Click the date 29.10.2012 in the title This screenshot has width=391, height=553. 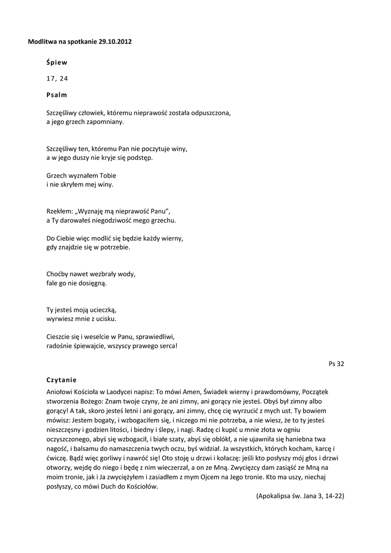[115, 42]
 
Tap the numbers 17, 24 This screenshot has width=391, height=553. [57, 78]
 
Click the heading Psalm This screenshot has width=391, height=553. [57, 95]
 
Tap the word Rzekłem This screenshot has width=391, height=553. [59, 212]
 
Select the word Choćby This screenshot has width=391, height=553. [57, 274]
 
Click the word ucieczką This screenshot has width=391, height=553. [102, 310]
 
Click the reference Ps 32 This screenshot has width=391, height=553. [336, 364]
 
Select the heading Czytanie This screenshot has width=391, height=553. [63, 380]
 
